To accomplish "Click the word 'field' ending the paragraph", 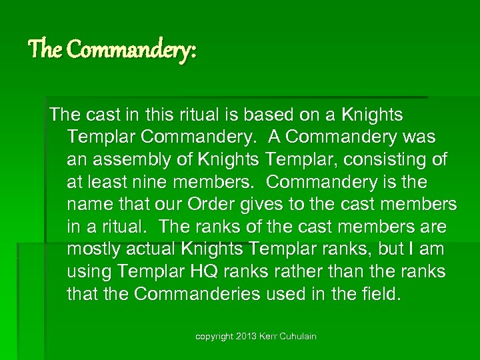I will (382, 294).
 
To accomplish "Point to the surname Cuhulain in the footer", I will (299, 337).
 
